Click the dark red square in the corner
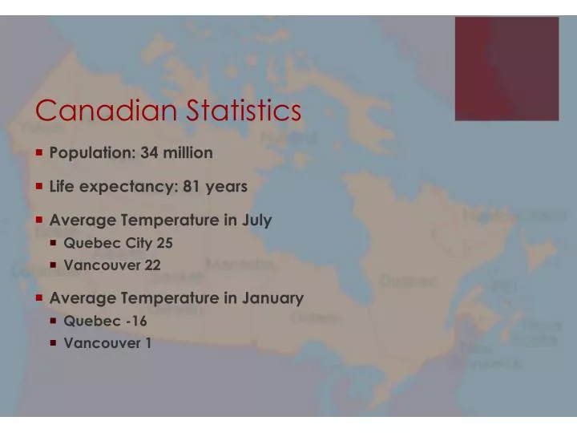(506, 69)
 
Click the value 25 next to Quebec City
(164, 243)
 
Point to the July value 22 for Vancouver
(152, 265)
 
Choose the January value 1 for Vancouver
(147, 344)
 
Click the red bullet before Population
(39, 152)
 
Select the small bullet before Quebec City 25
(54, 243)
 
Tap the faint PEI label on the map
(505, 286)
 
